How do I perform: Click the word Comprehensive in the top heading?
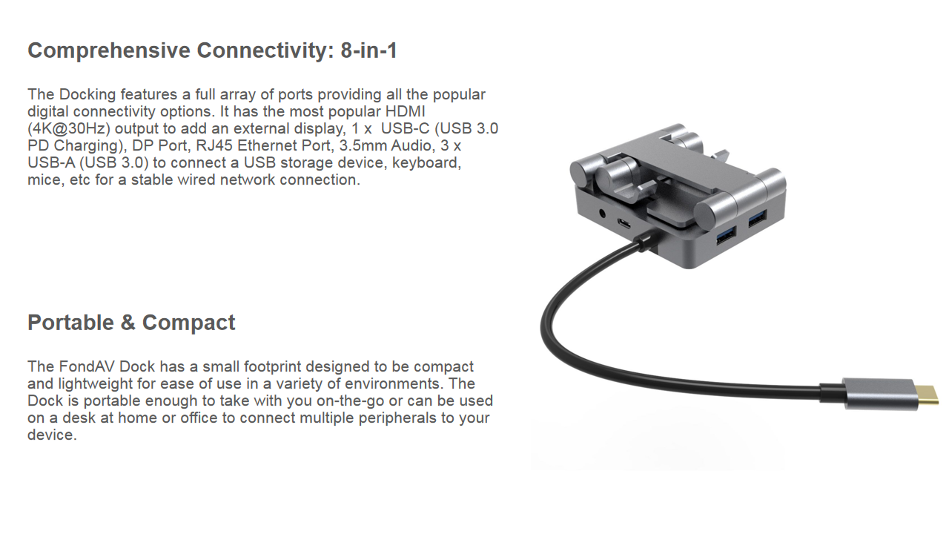[x=109, y=51]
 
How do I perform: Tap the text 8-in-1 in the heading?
[x=368, y=50]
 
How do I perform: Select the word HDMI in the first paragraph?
[x=405, y=111]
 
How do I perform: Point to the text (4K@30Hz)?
[x=69, y=129]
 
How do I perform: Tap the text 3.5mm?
[x=363, y=145]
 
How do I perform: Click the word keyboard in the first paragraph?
[x=426, y=163]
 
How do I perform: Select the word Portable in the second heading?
[x=70, y=323]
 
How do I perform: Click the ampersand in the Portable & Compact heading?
[x=128, y=323]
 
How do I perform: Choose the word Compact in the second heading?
[x=188, y=323]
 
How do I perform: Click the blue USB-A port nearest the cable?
[x=726, y=235]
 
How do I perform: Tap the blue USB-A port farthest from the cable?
[x=757, y=219]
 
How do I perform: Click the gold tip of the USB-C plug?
[x=927, y=395]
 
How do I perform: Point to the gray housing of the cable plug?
[x=880, y=394]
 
